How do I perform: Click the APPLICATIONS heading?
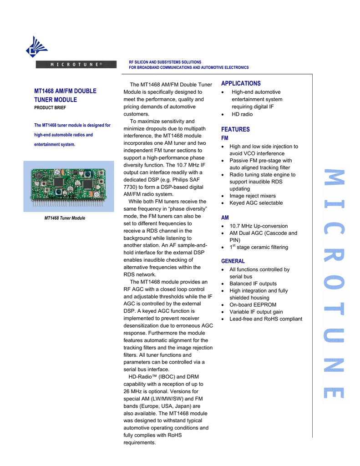(x=241, y=84)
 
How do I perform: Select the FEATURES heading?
(x=235, y=130)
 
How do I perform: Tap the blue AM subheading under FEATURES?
(x=225, y=218)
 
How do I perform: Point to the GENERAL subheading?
(x=233, y=261)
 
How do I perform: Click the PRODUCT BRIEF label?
(x=50, y=108)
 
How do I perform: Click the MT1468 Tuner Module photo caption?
(x=65, y=218)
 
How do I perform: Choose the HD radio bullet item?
(x=242, y=114)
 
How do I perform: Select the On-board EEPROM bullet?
(x=253, y=305)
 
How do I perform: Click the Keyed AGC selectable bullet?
(x=256, y=203)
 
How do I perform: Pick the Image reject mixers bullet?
(x=253, y=196)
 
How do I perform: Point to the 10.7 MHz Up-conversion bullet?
(x=259, y=226)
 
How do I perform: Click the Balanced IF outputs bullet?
(x=253, y=284)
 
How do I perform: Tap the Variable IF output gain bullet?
(x=256, y=312)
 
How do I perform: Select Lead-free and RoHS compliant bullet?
(x=266, y=319)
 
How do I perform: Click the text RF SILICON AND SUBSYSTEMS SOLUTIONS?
(x=165, y=62)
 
